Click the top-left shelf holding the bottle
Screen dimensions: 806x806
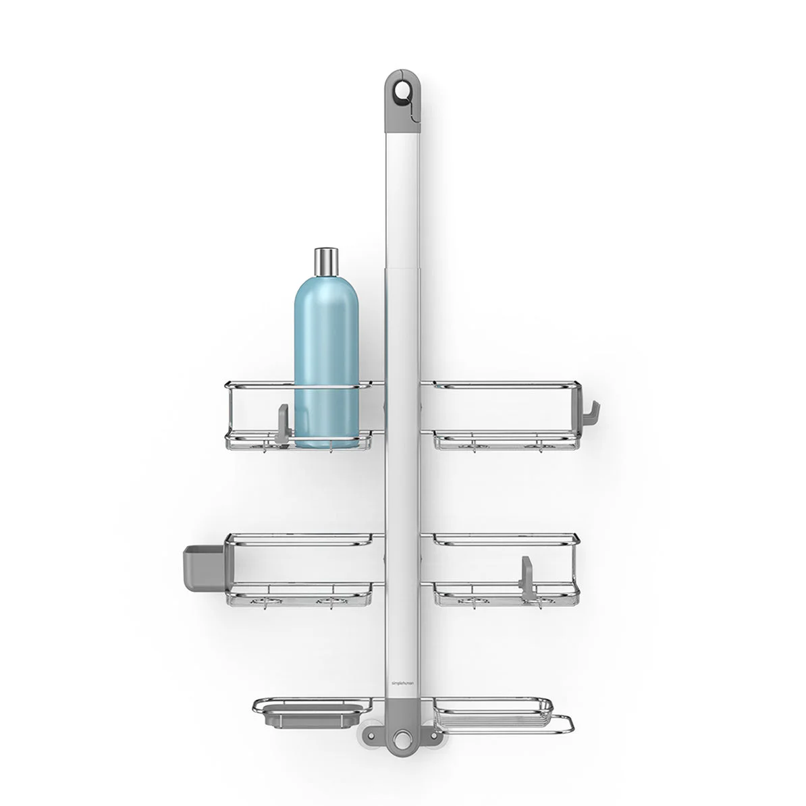point(257,415)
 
